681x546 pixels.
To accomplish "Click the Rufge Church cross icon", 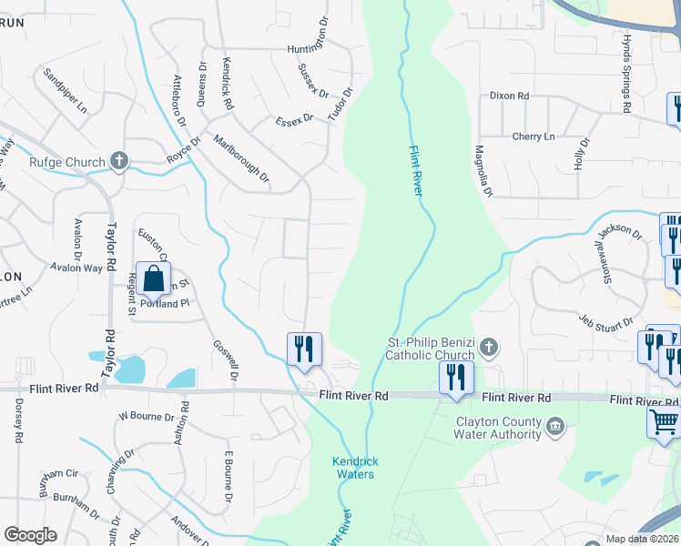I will coord(118,162).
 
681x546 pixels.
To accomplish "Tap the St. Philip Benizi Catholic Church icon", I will coord(489,347).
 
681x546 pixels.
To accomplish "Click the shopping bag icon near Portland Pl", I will coord(154,278).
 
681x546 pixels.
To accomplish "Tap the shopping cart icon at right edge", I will coord(663,421).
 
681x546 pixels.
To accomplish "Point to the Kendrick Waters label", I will coord(356,468).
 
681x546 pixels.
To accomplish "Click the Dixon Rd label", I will coord(509,96).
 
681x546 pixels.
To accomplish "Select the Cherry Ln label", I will coord(533,136).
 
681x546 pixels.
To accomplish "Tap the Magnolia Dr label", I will coord(483,172).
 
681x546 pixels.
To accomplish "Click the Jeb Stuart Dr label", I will coord(606,321).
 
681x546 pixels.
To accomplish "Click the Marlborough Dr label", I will coord(241,158).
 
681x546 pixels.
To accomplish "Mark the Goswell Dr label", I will coord(226,360).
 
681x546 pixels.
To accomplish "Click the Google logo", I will coord(30,535).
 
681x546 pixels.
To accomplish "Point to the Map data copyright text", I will coord(642,540).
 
